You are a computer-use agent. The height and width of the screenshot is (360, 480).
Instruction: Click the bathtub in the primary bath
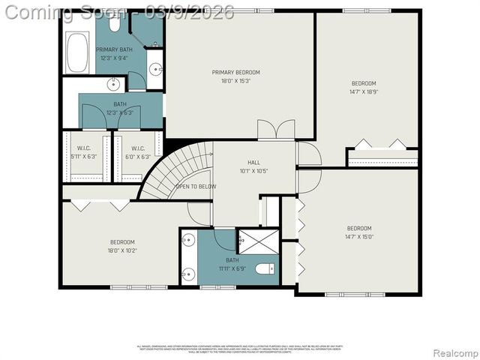click(x=78, y=52)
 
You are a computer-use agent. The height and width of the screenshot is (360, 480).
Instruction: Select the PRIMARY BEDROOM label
click(x=235, y=72)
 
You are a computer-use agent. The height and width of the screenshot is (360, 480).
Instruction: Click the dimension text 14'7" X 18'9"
click(x=364, y=92)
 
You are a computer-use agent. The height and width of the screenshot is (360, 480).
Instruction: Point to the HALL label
click(x=254, y=162)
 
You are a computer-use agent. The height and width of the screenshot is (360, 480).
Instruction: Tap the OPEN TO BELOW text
click(x=195, y=186)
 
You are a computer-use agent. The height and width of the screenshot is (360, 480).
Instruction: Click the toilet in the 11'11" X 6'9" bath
click(x=264, y=268)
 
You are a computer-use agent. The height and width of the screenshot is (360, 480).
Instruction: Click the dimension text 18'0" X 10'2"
click(x=122, y=251)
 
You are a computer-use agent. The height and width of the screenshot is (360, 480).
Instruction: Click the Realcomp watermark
click(x=452, y=352)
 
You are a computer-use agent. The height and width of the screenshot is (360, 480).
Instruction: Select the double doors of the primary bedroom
click(x=275, y=130)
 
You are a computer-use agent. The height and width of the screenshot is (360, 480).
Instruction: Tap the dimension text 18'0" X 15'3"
click(x=235, y=81)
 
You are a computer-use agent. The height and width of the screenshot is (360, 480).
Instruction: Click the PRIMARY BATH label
click(x=114, y=49)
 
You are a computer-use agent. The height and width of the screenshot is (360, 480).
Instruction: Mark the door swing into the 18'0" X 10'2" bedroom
click(x=199, y=214)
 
